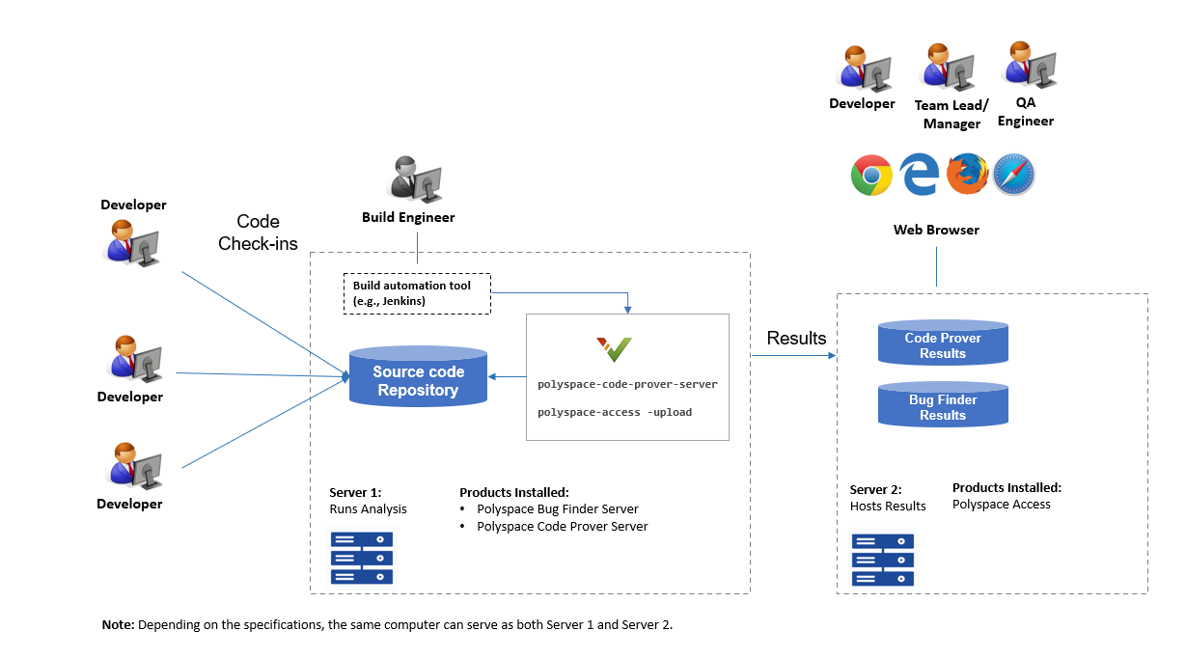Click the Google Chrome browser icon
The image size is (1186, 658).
(x=871, y=176)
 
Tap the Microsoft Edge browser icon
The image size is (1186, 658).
(x=919, y=176)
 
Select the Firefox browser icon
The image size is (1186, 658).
(x=966, y=176)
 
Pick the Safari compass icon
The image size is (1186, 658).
(x=1013, y=176)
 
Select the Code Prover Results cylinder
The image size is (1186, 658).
(x=943, y=344)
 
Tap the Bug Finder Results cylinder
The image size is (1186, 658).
(x=943, y=406)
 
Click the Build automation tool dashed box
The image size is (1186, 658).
(x=417, y=293)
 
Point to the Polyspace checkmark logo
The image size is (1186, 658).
(x=614, y=348)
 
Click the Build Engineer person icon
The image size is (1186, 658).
(x=414, y=178)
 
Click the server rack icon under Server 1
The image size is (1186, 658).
(x=362, y=558)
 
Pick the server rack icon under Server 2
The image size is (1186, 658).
(x=882, y=561)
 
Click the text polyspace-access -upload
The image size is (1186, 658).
(x=615, y=412)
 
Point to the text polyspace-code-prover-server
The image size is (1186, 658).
(x=627, y=384)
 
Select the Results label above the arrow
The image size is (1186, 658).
(x=796, y=338)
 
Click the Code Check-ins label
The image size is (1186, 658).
(x=258, y=233)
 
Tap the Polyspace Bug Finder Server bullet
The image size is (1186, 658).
(x=557, y=508)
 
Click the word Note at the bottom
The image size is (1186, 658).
(x=118, y=625)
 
